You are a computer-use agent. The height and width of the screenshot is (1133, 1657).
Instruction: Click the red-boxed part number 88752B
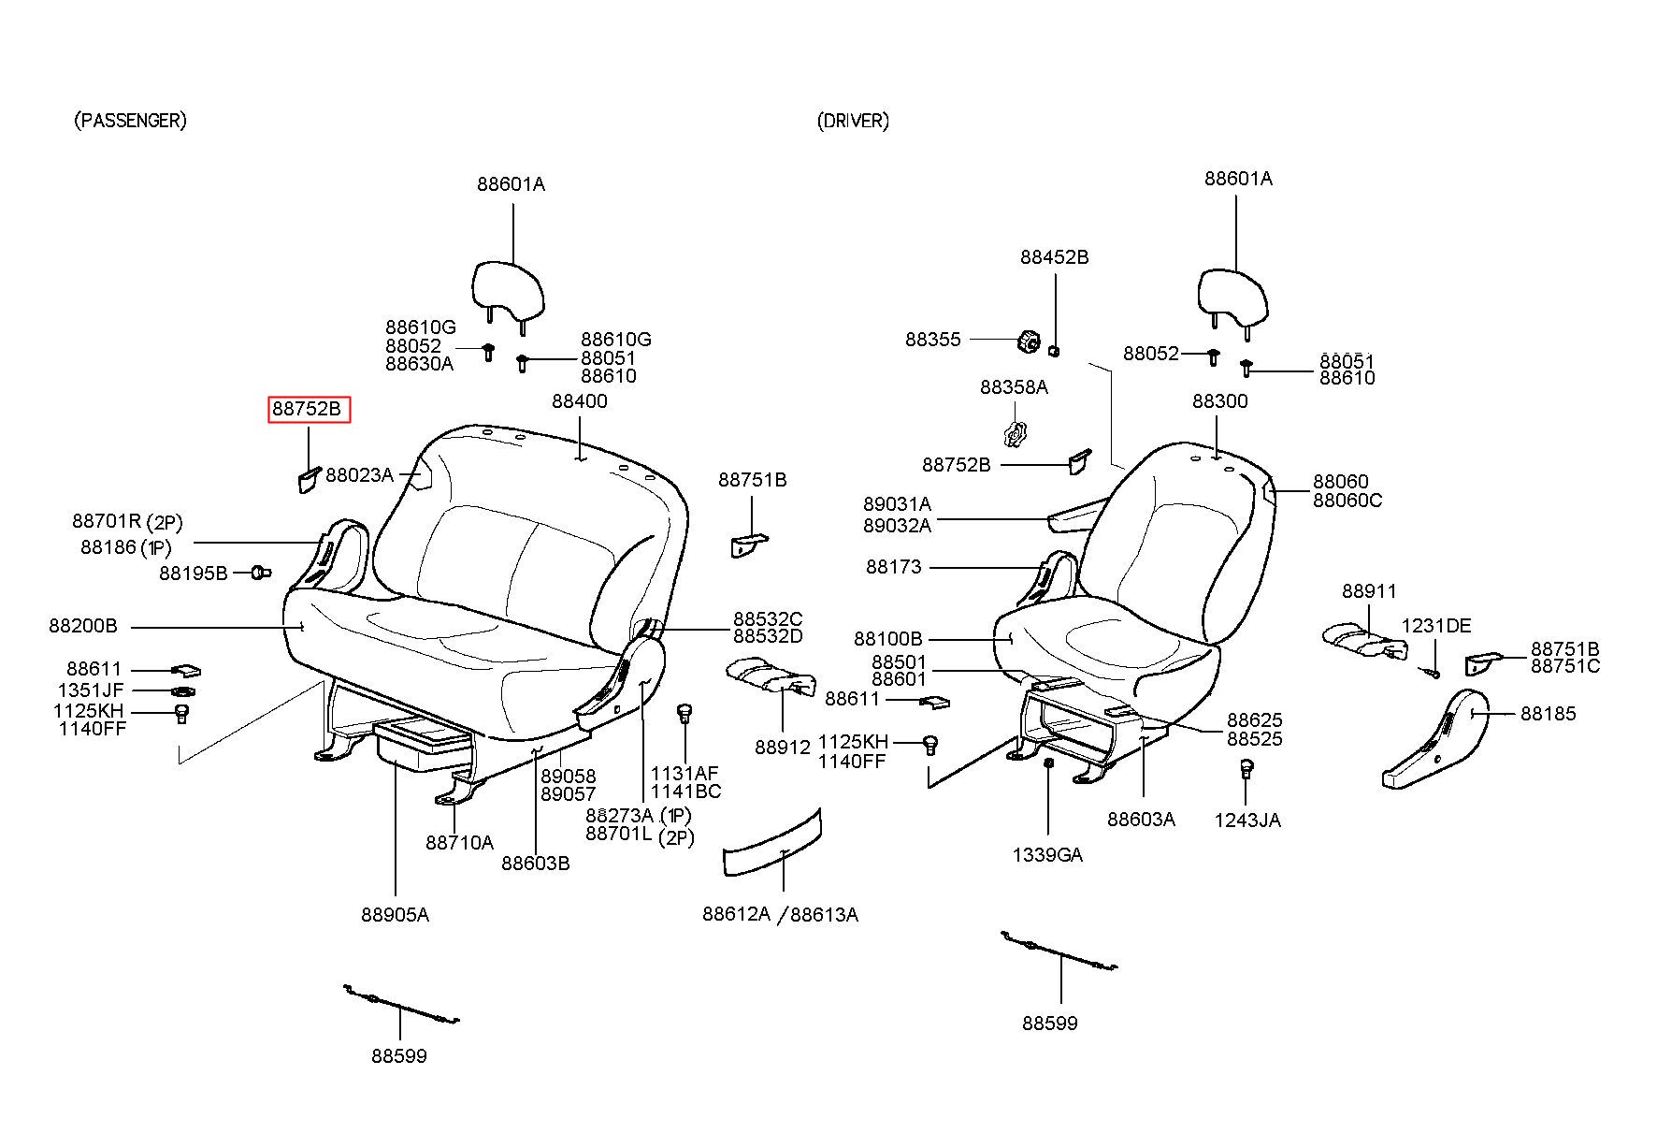point(309,410)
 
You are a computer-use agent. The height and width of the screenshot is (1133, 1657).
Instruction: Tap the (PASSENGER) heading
point(130,121)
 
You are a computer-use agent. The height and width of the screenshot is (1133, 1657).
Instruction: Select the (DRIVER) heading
point(853,121)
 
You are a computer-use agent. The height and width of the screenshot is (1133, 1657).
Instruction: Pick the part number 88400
point(579,401)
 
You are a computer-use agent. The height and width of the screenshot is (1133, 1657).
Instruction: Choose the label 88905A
point(395,914)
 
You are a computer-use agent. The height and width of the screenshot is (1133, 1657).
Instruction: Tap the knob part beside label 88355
point(1029,341)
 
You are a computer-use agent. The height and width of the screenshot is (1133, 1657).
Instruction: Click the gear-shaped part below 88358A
point(1014,434)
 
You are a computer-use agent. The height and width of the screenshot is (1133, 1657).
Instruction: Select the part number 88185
point(1548,714)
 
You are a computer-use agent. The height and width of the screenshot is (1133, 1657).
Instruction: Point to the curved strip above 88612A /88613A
point(772,845)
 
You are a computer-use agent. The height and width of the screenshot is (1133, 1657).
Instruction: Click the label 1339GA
point(1047,855)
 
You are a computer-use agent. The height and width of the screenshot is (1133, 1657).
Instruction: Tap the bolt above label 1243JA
point(1246,769)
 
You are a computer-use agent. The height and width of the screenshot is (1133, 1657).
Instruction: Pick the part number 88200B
point(83,626)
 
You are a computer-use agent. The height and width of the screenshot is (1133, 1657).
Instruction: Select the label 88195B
point(193,573)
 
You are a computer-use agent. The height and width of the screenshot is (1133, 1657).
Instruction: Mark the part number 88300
point(1219,401)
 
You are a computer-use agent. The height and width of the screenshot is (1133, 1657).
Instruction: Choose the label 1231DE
point(1435,626)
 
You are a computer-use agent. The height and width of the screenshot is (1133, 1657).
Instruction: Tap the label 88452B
point(1054,257)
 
